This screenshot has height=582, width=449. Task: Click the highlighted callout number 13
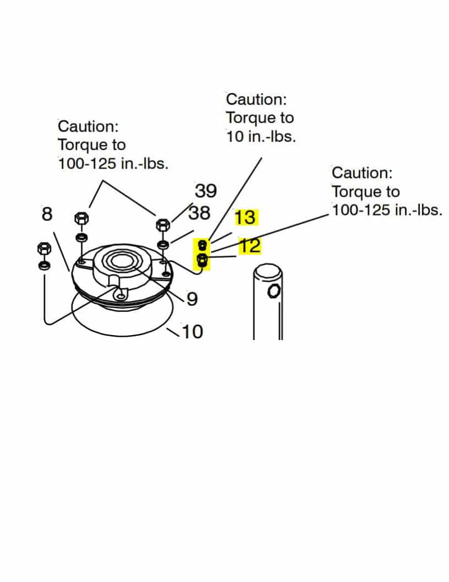pyautogui.click(x=245, y=217)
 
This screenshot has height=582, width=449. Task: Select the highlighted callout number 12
pyautogui.click(x=250, y=246)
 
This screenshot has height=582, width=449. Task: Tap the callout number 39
pyautogui.click(x=206, y=191)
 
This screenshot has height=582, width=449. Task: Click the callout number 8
pyautogui.click(x=47, y=213)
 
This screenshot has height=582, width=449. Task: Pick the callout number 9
pyautogui.click(x=192, y=299)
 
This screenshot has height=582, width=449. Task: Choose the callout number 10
pyautogui.click(x=192, y=331)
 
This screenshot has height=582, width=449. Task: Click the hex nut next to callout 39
pyautogui.click(x=163, y=225)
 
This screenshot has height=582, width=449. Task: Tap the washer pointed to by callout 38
pyautogui.click(x=163, y=244)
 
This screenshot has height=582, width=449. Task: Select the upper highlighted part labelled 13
pyautogui.click(x=202, y=244)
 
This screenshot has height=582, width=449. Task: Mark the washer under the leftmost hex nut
pyautogui.click(x=44, y=266)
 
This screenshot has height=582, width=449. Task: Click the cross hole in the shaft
pyautogui.click(x=272, y=291)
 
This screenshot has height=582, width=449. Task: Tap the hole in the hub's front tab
pyautogui.click(x=119, y=296)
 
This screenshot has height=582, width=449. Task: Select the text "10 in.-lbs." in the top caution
pyautogui.click(x=261, y=136)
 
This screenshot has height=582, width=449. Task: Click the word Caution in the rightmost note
pyautogui.click(x=362, y=173)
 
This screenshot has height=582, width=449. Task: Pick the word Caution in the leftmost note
pyautogui.click(x=88, y=126)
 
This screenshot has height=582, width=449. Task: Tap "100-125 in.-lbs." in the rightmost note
pyautogui.click(x=387, y=210)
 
